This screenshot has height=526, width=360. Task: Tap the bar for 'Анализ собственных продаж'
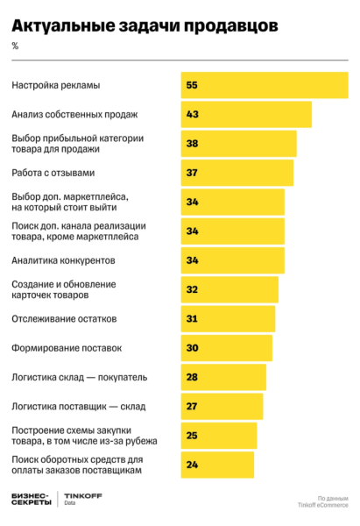(246, 115)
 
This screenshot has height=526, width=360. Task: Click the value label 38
(192, 144)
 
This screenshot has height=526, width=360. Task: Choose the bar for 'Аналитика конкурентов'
(232, 260)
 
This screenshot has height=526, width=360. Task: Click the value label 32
(192, 289)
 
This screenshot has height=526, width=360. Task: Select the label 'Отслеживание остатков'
(63, 318)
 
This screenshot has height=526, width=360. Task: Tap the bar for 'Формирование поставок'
(226, 348)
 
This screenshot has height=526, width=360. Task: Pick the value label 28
(192, 377)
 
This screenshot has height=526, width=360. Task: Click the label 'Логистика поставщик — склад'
(78, 406)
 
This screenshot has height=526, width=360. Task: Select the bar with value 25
(218, 436)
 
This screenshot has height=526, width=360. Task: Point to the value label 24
(192, 465)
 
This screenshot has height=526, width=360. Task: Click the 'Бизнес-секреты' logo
(31, 500)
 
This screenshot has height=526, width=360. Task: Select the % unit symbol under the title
(15, 46)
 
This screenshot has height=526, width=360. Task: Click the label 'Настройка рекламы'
(56, 85)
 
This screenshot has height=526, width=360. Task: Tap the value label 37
(192, 173)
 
